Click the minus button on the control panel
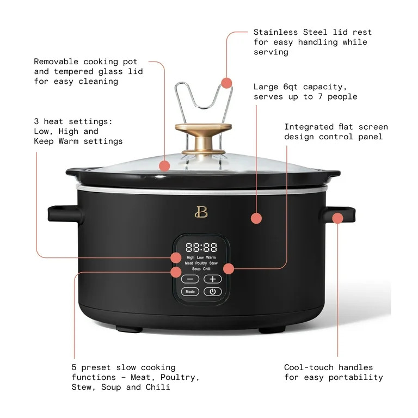[190, 279]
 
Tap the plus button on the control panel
[213, 279]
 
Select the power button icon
[213, 292]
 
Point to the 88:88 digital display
[201, 247]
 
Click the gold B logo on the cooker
[197, 212]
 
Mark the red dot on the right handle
[337, 218]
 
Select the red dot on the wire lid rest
[226, 83]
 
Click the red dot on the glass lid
[165, 166]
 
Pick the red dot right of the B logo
[256, 218]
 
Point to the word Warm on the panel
[211, 257]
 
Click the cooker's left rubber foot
[129, 329]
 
